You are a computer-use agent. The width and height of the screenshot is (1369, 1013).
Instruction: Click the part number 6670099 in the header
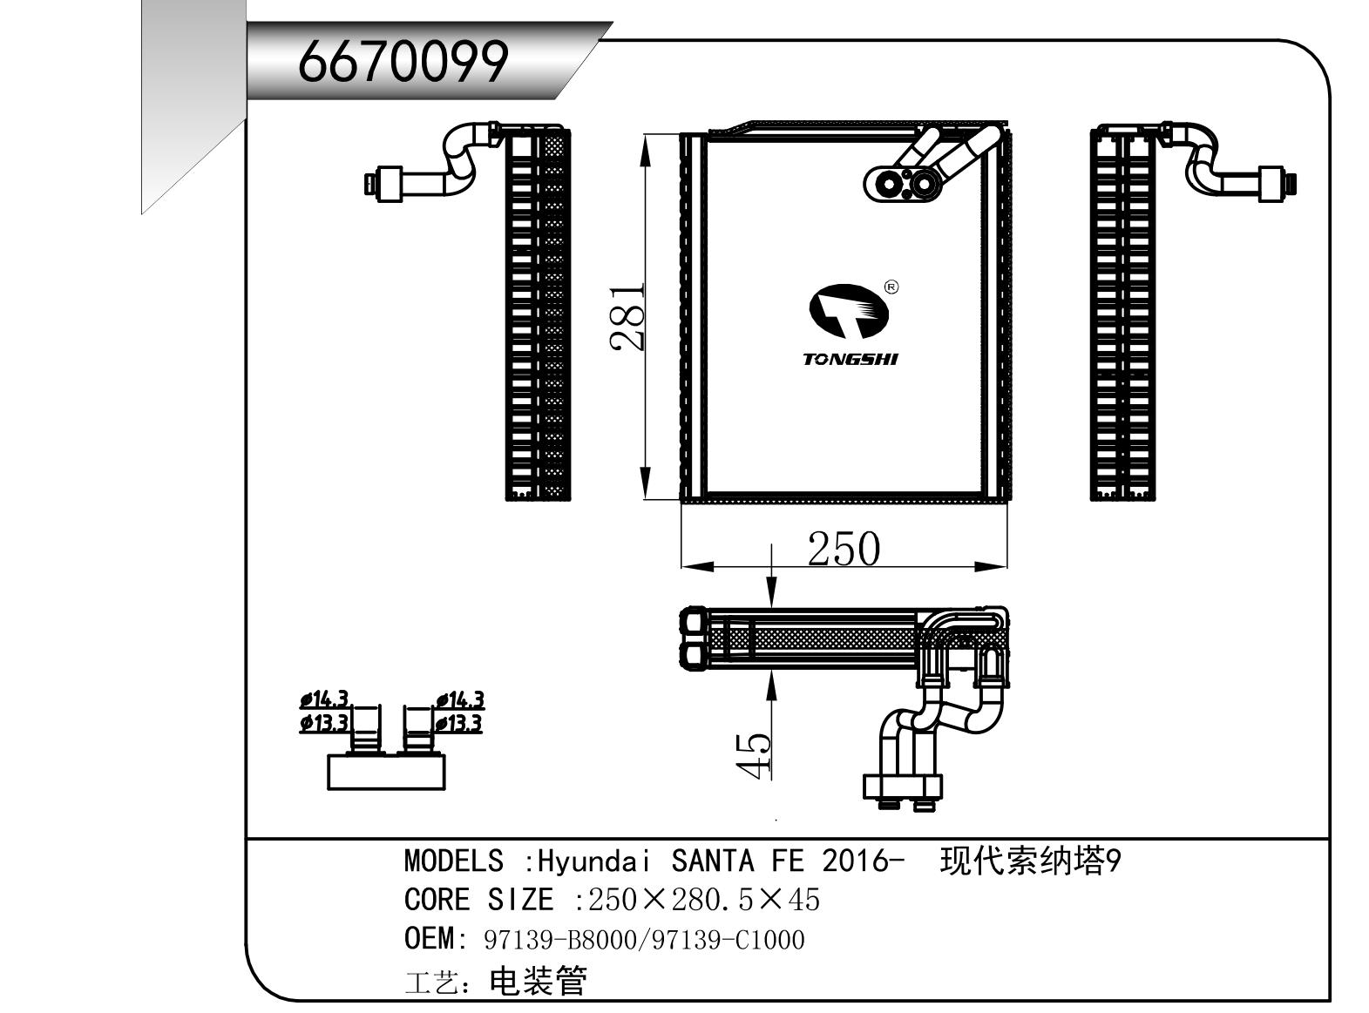point(402,62)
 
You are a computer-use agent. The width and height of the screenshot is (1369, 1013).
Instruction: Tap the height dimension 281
point(627,317)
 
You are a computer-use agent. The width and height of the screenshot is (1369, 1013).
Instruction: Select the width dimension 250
point(843,549)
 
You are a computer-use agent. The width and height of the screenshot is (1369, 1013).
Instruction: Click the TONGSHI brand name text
point(850,359)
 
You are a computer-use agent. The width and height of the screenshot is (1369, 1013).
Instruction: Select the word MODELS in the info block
point(453,861)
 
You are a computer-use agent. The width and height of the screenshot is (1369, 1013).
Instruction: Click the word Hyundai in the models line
point(593,861)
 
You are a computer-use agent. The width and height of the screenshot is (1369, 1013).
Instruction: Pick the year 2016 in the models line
point(855,861)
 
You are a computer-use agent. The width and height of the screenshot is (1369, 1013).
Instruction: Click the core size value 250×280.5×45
point(704,900)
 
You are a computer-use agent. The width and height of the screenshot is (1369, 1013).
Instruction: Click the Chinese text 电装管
point(538,981)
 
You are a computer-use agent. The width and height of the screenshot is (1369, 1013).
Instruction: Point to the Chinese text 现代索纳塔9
point(1031,861)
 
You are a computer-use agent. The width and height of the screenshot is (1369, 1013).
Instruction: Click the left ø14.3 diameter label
point(324,699)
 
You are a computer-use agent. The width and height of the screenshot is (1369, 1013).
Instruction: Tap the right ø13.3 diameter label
point(458,723)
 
